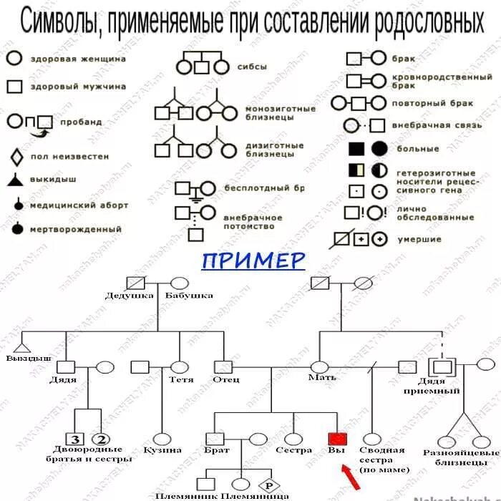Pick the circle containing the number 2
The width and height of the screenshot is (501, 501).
[x=100, y=439]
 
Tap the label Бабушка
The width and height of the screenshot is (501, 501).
[x=188, y=295]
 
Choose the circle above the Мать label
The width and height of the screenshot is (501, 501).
[x=318, y=366]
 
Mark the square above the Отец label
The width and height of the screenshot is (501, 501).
[x=228, y=366]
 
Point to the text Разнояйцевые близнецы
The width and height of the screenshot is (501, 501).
[x=460, y=457]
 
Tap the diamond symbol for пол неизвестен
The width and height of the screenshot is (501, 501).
[x=14, y=156]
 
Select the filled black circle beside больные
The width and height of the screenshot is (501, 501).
[x=380, y=149]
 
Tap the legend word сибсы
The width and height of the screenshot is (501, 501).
[x=252, y=67]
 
